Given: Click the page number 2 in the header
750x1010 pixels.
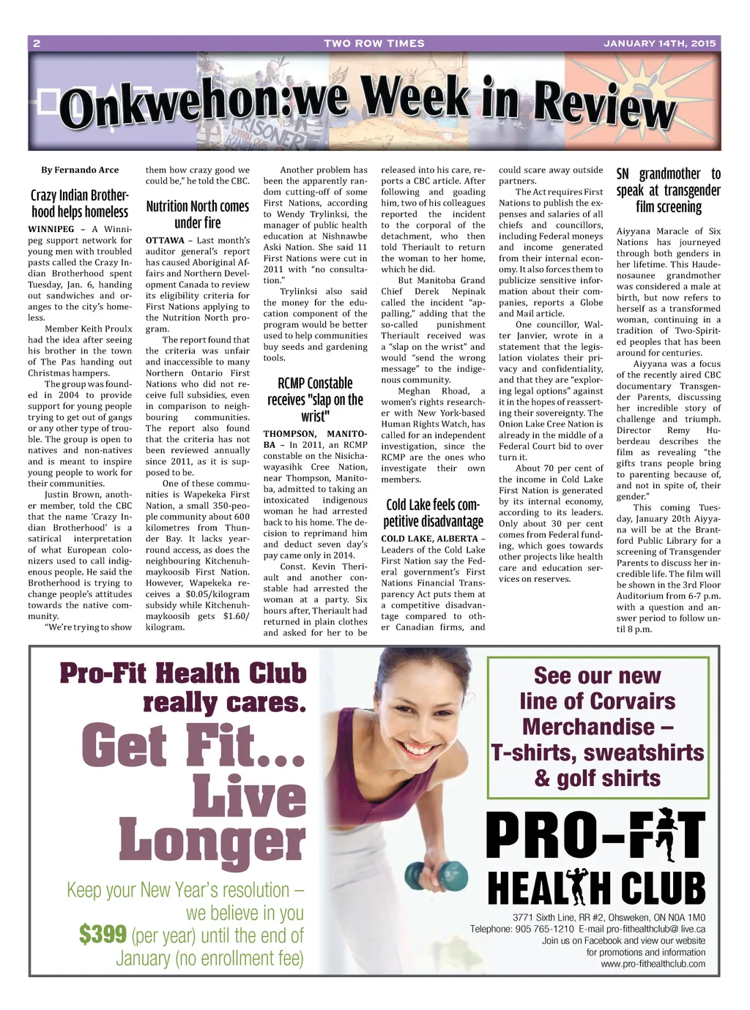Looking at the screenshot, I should coord(37,43).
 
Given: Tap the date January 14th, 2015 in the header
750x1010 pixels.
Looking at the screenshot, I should coord(659,43).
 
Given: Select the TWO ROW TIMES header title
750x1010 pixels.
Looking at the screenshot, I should coord(374,43).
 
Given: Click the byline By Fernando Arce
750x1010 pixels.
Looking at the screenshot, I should coord(80,170).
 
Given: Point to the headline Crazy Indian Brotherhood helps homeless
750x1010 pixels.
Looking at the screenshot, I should coord(80,203).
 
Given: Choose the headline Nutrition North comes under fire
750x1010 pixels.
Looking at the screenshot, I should coord(198,214).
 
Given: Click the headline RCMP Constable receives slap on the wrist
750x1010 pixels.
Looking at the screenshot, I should coord(315,400).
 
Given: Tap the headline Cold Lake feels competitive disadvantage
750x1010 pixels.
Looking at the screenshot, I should coord(433,513).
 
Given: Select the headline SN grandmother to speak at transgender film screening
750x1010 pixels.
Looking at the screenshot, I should coord(669,190).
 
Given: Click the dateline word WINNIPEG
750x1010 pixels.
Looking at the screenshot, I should coord(51,229).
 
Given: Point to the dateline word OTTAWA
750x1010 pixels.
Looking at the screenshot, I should coord(165,240).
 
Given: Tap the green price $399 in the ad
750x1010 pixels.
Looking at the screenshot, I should coord(103,935).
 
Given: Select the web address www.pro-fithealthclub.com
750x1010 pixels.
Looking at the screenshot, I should coord(653,964).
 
